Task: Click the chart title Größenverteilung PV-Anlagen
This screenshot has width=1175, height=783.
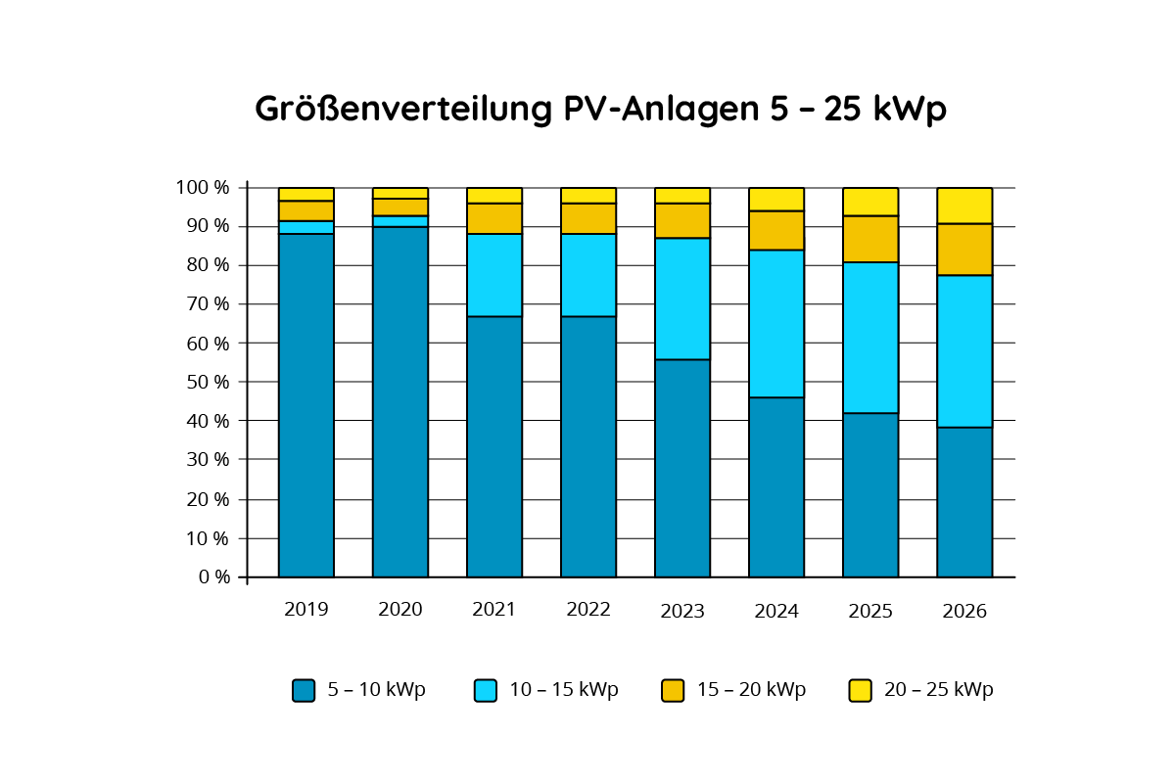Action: coord(600,109)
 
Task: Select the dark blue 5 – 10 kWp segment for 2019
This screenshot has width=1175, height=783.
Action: coord(306,405)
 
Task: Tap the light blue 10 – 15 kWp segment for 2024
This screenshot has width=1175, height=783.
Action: coord(776,324)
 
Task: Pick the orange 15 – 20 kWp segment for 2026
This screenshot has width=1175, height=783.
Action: coord(964,250)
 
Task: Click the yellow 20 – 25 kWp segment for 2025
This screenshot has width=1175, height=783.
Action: coord(870,202)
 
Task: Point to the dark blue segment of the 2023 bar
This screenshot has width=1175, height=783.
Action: coord(682,468)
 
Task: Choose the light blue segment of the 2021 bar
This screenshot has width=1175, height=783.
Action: coord(494,275)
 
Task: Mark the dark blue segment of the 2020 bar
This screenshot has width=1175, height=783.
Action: coord(400,401)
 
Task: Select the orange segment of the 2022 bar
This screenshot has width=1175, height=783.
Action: coord(588,218)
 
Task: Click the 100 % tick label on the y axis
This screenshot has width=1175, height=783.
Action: coord(203,187)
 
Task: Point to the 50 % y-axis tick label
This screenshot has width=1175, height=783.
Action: coord(208,382)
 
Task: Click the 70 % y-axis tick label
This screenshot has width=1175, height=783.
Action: coord(208,304)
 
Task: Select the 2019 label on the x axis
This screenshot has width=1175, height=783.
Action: coord(306,610)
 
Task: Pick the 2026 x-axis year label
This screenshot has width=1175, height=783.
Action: coord(964,612)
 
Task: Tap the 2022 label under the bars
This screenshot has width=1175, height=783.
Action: coord(588,610)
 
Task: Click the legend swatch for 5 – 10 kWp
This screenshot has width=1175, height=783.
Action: coord(304,690)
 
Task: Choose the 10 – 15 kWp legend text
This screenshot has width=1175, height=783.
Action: coord(564,690)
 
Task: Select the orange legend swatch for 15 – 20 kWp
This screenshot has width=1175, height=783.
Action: coord(673,690)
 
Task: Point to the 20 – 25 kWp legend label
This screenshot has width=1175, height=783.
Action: coord(938,690)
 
